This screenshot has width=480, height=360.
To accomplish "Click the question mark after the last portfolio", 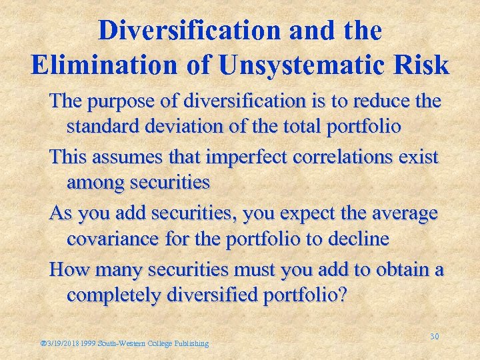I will pos(342,295).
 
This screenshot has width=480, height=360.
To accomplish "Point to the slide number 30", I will pos(434,336).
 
